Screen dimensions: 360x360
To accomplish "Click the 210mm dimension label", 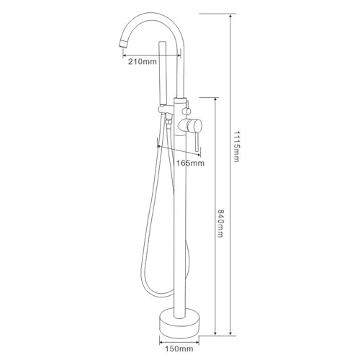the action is click(x=143, y=61).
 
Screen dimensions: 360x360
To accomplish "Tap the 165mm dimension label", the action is click(x=190, y=163).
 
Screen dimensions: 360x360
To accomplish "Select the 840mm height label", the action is click(x=220, y=223).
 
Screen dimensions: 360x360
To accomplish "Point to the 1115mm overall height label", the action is click(x=236, y=146).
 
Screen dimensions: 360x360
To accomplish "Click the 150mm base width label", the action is click(x=179, y=348).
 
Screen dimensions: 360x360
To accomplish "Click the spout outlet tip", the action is click(x=123, y=44).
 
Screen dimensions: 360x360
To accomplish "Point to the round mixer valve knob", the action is click(x=194, y=125).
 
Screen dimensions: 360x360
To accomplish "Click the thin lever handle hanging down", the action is click(x=197, y=143).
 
